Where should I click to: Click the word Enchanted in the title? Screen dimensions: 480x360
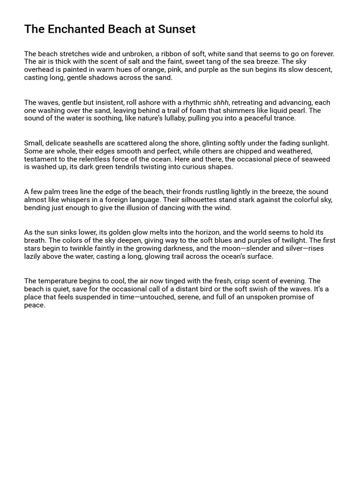pos(69,30)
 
